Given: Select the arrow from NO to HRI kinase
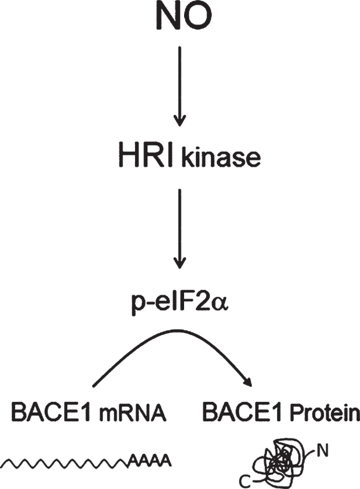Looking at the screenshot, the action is pyautogui.click(x=181, y=88).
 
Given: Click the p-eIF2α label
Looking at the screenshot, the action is pyautogui.click(x=181, y=306).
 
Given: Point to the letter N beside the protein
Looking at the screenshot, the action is pyautogui.click(x=323, y=450).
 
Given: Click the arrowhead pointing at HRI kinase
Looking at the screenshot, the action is pyautogui.click(x=181, y=121).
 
